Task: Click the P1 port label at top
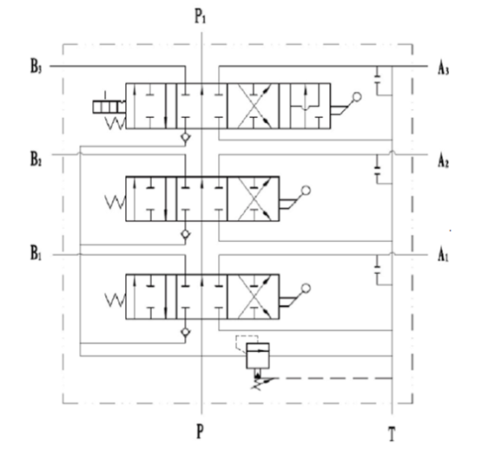[x=200, y=16]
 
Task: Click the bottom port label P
[x=200, y=431]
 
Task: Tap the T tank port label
[x=392, y=434]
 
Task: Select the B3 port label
[x=36, y=67]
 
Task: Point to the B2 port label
[x=36, y=159]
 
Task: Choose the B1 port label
[x=36, y=253]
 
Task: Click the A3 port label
[x=443, y=68]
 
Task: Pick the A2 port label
[x=443, y=161]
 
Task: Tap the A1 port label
[x=443, y=255]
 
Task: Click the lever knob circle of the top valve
[x=357, y=97]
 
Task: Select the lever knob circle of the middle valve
[x=306, y=191]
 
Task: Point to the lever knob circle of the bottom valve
[x=306, y=288]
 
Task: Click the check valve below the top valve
[x=186, y=137]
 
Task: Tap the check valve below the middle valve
[x=186, y=234]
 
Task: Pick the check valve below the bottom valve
[x=186, y=332]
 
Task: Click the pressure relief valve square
[x=258, y=355]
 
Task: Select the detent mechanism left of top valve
[x=109, y=107]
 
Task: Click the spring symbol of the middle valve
[x=115, y=202]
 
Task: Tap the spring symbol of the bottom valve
[x=115, y=300]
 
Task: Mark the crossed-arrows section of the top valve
[x=254, y=106]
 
